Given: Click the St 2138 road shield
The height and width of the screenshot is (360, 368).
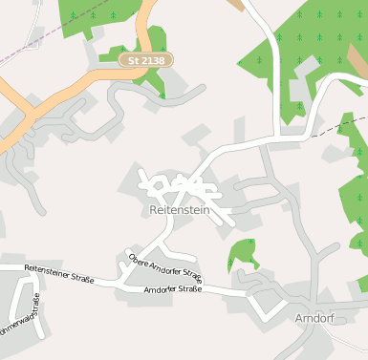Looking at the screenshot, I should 144,60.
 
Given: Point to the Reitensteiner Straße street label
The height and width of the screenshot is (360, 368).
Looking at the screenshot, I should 58,274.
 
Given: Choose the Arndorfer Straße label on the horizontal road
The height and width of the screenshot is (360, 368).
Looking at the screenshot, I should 173,289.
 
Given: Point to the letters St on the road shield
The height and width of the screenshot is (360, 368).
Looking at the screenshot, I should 133,60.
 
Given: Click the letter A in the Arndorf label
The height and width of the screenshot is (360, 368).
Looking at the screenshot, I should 299,317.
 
